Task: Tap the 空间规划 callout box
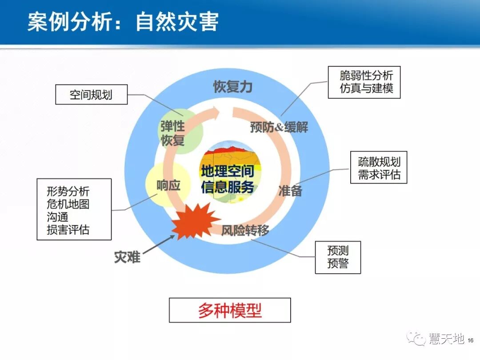tap(91, 95)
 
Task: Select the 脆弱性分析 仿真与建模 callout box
tap(364, 82)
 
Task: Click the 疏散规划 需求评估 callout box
tap(379, 168)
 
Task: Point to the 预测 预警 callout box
tap(338, 257)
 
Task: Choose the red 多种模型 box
tap(230, 310)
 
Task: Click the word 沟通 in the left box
tap(57, 217)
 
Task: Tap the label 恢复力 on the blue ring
tap(232, 87)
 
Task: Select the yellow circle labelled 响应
tap(168, 185)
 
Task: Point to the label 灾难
tap(127, 257)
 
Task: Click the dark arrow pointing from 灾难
tap(159, 245)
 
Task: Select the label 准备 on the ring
tap(290, 191)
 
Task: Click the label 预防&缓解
tap(279, 128)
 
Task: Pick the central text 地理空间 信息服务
tap(228, 179)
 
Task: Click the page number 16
tap(471, 340)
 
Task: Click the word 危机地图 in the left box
tap(68, 204)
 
